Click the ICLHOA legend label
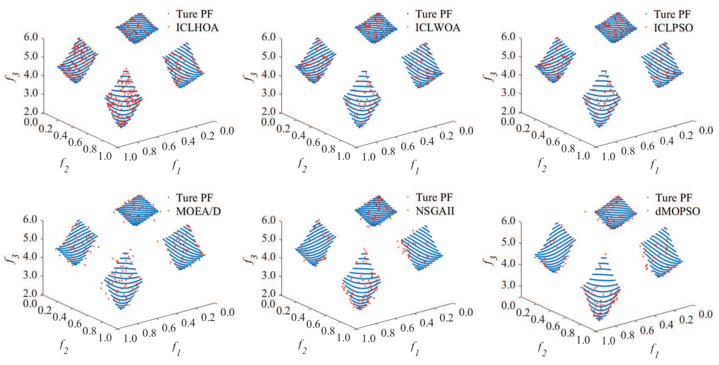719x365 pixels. (x=197, y=28)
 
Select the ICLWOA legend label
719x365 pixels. (x=437, y=28)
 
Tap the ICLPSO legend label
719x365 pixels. (x=673, y=28)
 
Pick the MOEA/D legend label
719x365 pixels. (x=198, y=211)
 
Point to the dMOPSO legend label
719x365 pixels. (x=677, y=211)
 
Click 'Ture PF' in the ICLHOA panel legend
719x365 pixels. (x=194, y=14)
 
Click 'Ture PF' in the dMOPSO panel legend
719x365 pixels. (x=674, y=198)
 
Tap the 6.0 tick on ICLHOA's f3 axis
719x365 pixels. (x=31, y=37)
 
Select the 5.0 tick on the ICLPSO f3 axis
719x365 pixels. (x=508, y=56)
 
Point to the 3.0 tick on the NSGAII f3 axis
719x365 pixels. (x=269, y=276)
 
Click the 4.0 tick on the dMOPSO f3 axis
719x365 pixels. (x=508, y=263)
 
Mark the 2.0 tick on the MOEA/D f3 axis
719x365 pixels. (x=30, y=294)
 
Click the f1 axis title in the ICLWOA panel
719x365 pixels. (x=415, y=167)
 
